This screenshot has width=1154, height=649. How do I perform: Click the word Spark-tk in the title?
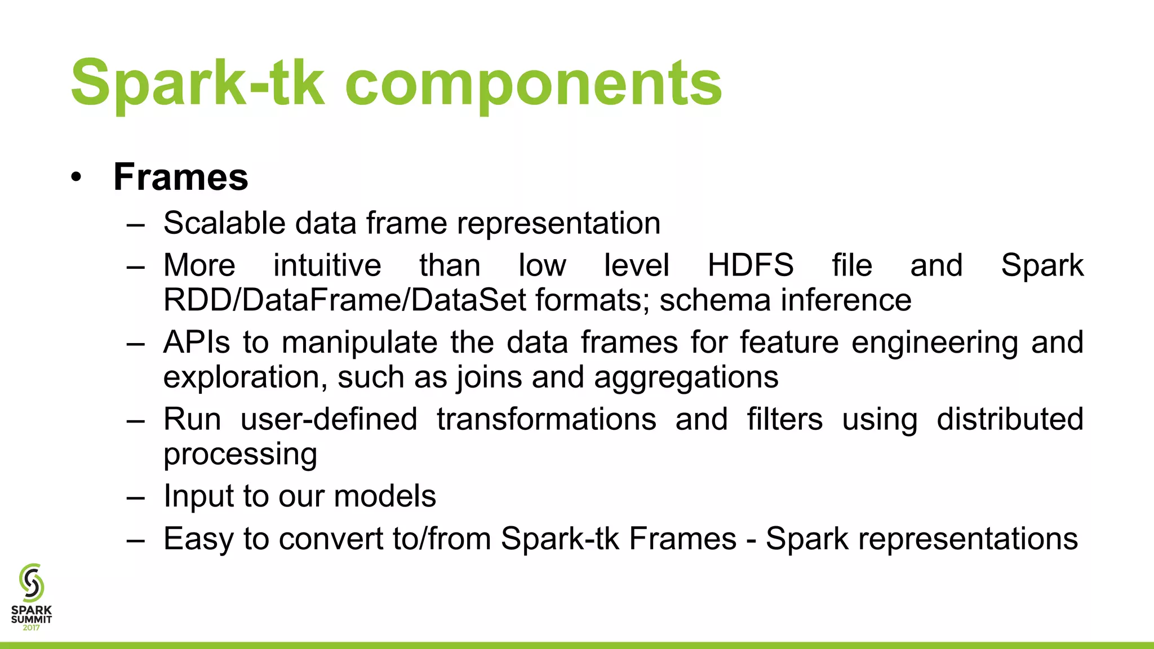197,83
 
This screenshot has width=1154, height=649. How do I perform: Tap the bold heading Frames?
180,177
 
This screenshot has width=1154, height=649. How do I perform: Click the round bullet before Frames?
77,178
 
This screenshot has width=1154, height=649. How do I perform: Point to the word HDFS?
750,265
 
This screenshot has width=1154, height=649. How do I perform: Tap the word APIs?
197,343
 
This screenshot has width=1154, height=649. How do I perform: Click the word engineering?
934,343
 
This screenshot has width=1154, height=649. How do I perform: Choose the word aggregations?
686,377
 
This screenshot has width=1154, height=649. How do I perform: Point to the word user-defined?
329,420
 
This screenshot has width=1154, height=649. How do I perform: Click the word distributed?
1010,420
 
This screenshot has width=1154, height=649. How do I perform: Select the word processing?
240,454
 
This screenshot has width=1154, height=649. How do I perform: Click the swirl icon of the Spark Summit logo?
32,583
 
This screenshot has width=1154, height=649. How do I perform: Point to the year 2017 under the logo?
32,628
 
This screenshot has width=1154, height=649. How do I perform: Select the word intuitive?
327,265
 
